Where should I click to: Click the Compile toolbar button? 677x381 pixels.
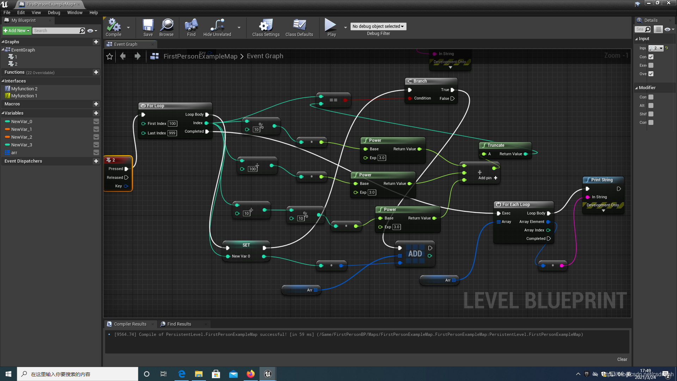(114, 28)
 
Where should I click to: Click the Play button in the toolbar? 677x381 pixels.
(331, 28)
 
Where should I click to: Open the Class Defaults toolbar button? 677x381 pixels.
(299, 28)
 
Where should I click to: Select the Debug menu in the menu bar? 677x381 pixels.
(54, 12)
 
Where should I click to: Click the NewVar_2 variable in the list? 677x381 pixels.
(22, 137)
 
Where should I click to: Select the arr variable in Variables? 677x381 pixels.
(14, 152)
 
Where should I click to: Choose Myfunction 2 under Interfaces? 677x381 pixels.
(24, 89)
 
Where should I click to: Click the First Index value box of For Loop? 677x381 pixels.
(172, 123)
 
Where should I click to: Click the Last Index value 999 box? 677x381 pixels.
(172, 133)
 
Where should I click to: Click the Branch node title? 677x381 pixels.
(420, 81)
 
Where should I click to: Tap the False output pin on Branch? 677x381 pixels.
(452, 98)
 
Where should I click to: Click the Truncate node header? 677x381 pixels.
(496, 145)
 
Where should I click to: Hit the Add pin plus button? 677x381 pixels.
(495, 178)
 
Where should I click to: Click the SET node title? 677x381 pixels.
(246, 245)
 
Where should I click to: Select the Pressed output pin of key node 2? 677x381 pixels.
(126, 169)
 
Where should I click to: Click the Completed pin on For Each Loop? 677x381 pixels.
(549, 238)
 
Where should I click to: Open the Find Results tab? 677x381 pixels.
(179, 324)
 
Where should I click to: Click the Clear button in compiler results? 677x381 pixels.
(622, 359)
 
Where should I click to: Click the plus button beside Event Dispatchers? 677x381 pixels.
(96, 161)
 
